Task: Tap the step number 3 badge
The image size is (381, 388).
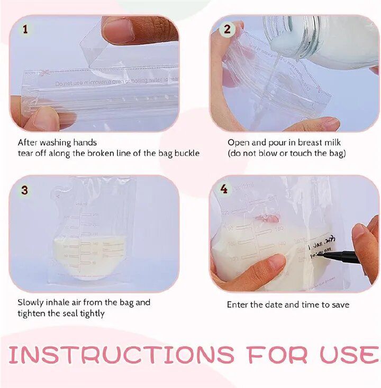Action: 24,190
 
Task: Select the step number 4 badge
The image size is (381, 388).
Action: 224,189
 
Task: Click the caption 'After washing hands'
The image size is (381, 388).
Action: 57,142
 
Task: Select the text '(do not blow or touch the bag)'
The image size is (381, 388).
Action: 287,153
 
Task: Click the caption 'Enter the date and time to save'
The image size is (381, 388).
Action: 288,304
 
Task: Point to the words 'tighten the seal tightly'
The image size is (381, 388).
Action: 61,313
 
